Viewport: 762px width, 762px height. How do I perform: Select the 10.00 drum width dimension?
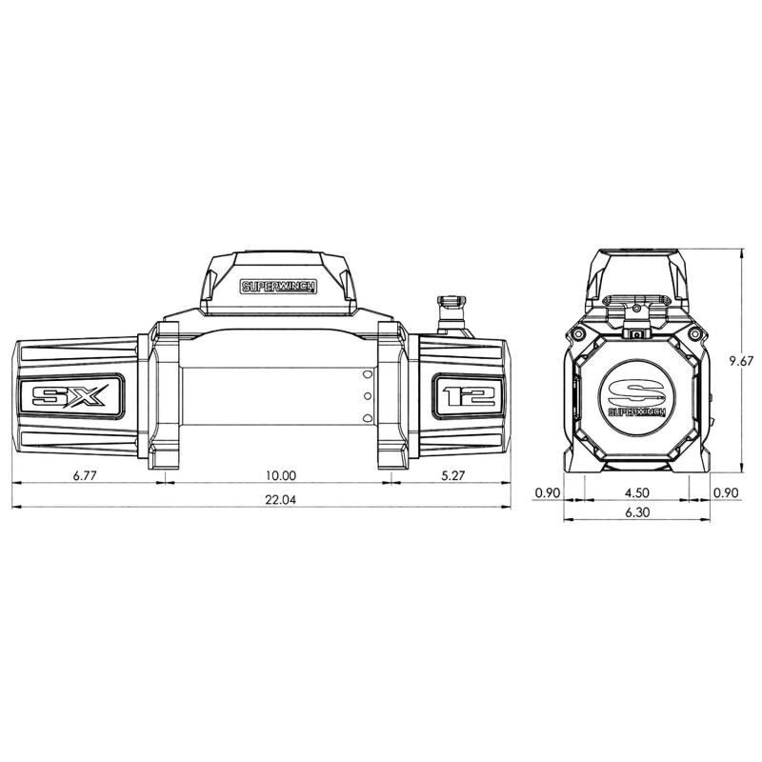pos(281,475)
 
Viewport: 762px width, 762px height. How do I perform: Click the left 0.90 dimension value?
pos(547,493)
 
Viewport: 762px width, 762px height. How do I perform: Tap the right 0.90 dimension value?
pos(726,493)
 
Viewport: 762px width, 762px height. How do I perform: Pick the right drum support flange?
pos(393,395)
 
